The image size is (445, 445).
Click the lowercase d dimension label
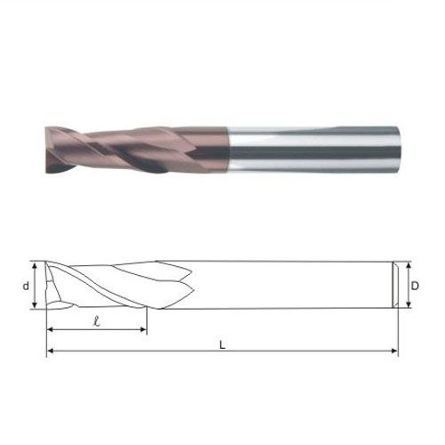(x=27, y=286)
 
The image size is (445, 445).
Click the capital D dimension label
(x=415, y=286)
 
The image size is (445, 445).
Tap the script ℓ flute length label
(x=96, y=321)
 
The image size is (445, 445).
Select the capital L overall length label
(x=222, y=344)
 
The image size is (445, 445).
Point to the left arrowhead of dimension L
(x=50, y=351)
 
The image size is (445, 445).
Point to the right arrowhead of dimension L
(x=394, y=351)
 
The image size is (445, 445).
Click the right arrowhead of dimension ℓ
(x=143, y=329)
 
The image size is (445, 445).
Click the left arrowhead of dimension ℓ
(x=50, y=329)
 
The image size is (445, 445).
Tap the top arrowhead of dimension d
(x=35, y=265)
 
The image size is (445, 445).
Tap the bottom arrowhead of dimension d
(x=35, y=305)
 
